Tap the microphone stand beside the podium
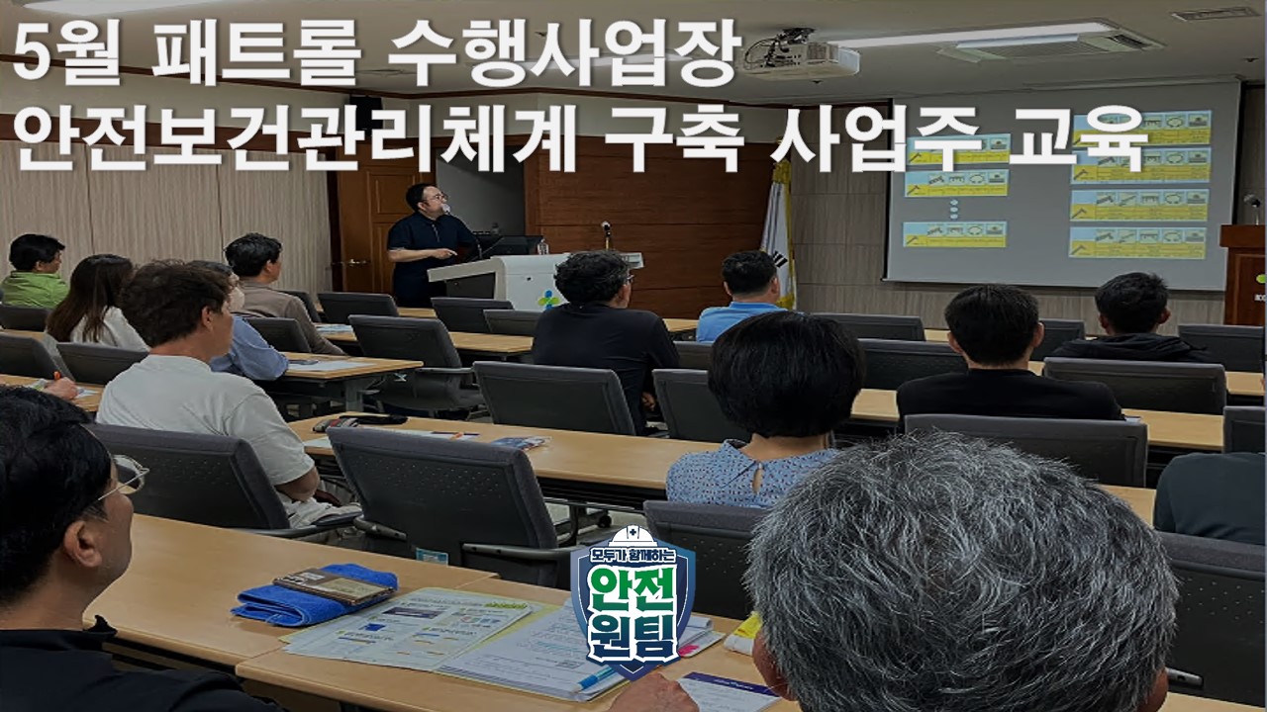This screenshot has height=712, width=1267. [x=606, y=235]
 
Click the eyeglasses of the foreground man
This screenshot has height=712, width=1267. [x=126, y=479]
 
